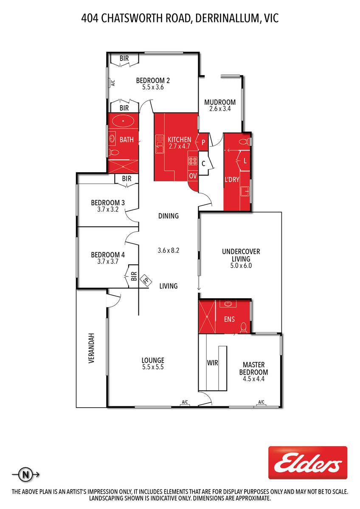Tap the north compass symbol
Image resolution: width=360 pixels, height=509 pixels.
[x=26, y=475]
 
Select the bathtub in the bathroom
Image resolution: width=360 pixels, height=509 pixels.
[x=123, y=121]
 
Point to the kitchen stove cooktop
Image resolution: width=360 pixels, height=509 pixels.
[x=193, y=161]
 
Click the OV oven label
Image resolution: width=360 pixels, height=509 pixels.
[x=193, y=176]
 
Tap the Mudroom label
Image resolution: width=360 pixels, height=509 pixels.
[x=219, y=102]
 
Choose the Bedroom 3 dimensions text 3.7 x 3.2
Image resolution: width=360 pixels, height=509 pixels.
[x=108, y=209]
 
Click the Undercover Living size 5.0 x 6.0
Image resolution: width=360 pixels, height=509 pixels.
[x=241, y=266]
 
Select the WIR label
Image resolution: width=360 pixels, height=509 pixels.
[x=212, y=363]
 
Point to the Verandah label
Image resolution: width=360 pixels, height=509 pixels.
[x=91, y=348]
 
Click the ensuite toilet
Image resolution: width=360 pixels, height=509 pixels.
[x=243, y=327]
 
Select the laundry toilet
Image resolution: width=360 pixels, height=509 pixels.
[x=244, y=142]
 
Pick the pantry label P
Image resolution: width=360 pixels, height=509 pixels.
[x=203, y=142]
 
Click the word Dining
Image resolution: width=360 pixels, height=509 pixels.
[x=168, y=215]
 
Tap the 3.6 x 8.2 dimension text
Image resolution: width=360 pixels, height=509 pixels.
[x=168, y=250]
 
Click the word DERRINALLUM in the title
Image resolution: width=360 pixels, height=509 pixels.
[x=227, y=18]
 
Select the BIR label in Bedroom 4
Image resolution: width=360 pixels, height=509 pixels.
[x=134, y=276]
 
